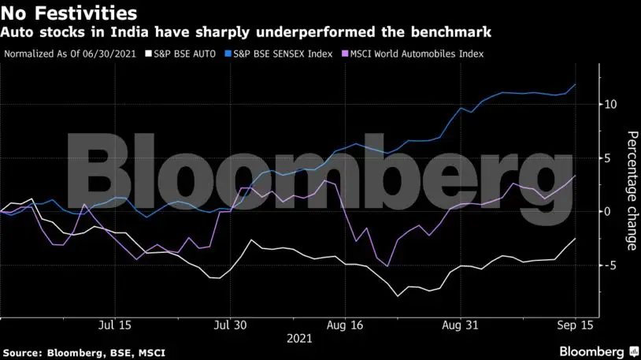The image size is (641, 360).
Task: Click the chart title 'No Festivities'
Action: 69,13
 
